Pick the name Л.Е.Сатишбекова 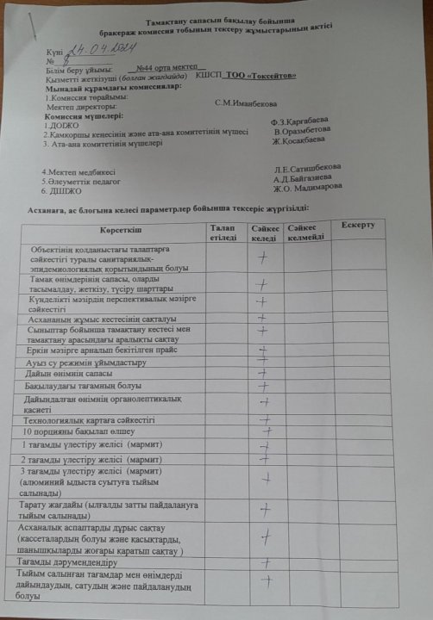(x=308, y=168)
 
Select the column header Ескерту (x=358, y=225)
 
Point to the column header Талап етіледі (x=226, y=231)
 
